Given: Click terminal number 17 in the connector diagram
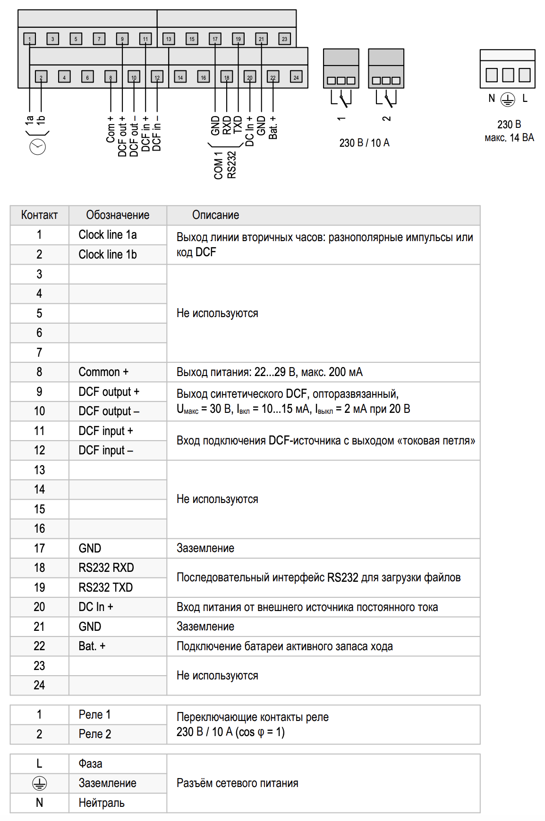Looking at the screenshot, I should (x=215, y=39).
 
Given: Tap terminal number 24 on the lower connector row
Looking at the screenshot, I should (x=296, y=77).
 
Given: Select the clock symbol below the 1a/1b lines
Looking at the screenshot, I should (x=38, y=147).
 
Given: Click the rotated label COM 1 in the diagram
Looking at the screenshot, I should (x=218, y=166).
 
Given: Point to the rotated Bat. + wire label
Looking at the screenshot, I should (x=273, y=128).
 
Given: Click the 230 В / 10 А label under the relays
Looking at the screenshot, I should (x=364, y=143).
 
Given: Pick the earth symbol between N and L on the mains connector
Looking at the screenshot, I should (x=508, y=99).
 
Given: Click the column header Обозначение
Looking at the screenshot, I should (x=118, y=215).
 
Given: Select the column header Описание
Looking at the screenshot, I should (x=215, y=215).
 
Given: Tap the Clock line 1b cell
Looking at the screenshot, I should (x=108, y=255).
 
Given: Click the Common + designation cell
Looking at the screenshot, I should (x=103, y=372).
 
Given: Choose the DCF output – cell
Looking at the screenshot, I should (x=109, y=411).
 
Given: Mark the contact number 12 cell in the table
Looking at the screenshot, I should (x=39, y=451).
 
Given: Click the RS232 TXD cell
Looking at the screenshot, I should (x=106, y=587).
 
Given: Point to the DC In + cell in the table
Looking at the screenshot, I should (x=96, y=607).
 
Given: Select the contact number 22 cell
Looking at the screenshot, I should (x=39, y=646).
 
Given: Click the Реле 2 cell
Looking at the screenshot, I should (x=95, y=734).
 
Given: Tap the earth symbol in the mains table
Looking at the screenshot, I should (x=39, y=784).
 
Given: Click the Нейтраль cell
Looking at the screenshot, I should (x=102, y=803).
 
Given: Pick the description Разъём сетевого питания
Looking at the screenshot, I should (x=238, y=783).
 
